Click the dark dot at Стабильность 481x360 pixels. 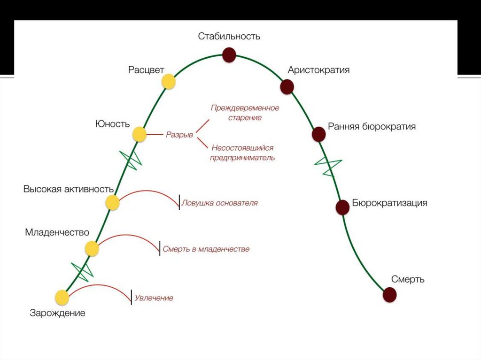pos(229,55)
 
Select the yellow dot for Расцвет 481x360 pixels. pos(169,82)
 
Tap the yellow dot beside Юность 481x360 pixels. pos(139,135)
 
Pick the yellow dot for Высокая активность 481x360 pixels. pos(112,203)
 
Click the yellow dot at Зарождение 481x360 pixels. pos(62,298)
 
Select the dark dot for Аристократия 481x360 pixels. pos(287,86)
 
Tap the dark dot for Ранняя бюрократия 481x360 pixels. pos(319,134)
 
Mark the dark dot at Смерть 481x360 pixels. pos(389,295)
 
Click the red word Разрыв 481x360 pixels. pos(179,135)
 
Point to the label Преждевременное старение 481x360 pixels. pos(245,113)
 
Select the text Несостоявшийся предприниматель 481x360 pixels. pos(242,153)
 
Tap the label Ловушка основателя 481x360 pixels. pos(220,203)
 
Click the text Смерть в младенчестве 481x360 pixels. pos(206,249)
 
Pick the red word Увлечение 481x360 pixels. pos(154,298)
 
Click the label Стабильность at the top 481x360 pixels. pos(229,36)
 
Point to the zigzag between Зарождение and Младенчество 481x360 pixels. pos(83,271)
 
